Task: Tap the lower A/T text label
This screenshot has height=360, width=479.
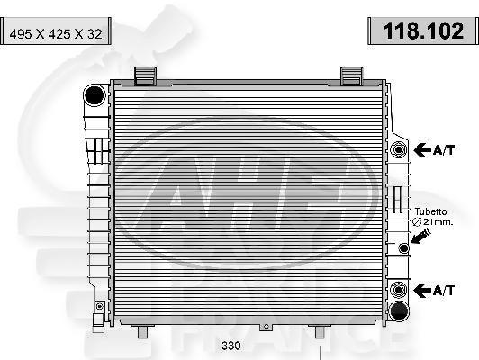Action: [x=445, y=290]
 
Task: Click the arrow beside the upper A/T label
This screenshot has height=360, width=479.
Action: [x=421, y=148]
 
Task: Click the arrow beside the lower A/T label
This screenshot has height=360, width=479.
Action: [x=421, y=290]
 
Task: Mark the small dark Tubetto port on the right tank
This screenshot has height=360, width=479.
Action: [x=404, y=248]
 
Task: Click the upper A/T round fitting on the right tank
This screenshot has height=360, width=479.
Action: [x=397, y=148]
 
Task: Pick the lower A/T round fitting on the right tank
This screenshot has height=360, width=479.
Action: [x=397, y=290]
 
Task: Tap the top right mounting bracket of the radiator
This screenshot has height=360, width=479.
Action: [x=352, y=74]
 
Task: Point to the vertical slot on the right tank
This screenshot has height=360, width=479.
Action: [x=395, y=205]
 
